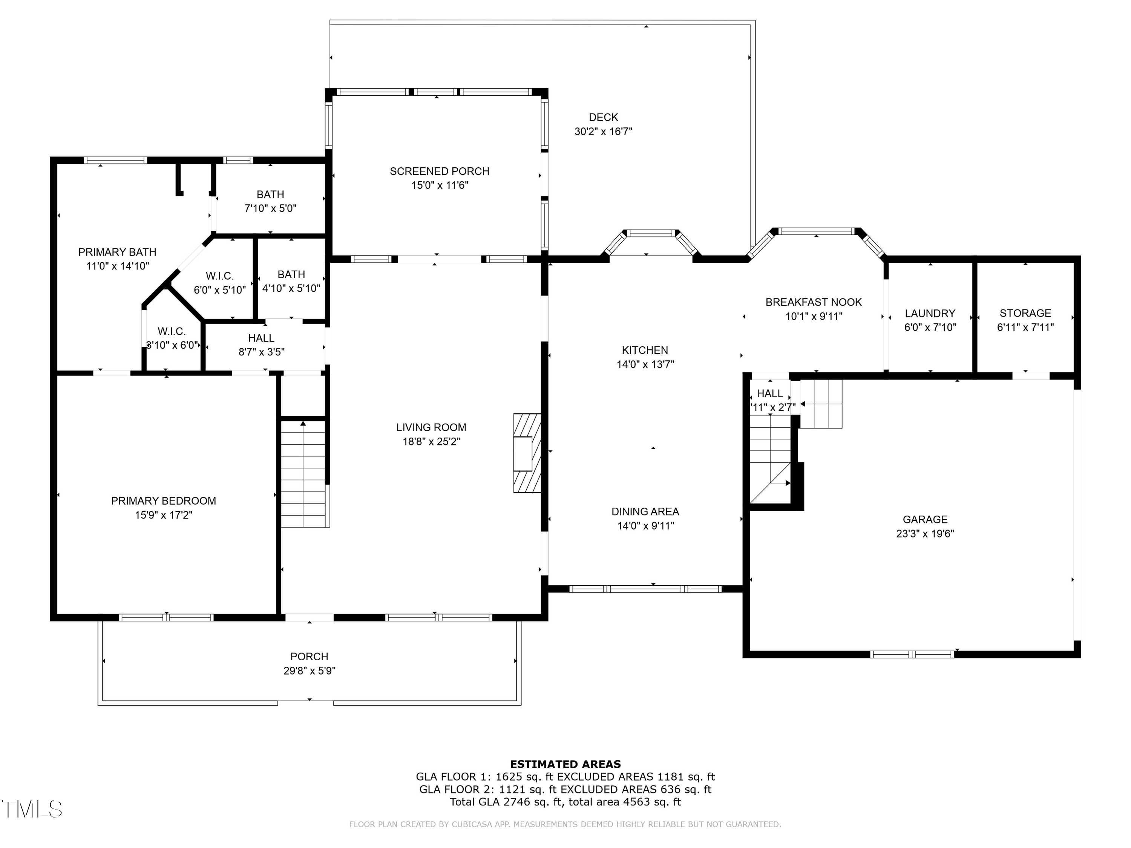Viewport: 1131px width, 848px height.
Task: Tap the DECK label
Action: click(603, 118)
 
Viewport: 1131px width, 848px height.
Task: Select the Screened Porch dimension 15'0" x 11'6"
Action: click(440, 185)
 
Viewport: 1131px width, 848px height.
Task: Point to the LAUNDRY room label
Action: click(930, 313)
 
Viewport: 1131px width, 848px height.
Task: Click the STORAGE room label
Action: click(1025, 313)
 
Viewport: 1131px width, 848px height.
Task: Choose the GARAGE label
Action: click(925, 519)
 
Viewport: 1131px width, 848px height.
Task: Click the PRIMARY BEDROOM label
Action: click(164, 501)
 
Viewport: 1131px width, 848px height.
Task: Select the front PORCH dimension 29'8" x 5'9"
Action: click(310, 670)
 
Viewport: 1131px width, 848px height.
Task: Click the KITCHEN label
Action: click(645, 350)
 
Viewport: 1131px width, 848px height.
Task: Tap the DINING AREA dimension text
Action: click(645, 525)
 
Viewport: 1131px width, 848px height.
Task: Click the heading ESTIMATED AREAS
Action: click(565, 764)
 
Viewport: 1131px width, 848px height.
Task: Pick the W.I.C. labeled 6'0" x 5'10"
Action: click(220, 276)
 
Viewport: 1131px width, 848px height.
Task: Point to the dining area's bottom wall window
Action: click(645, 589)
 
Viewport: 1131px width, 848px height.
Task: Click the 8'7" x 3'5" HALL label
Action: click(261, 338)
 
